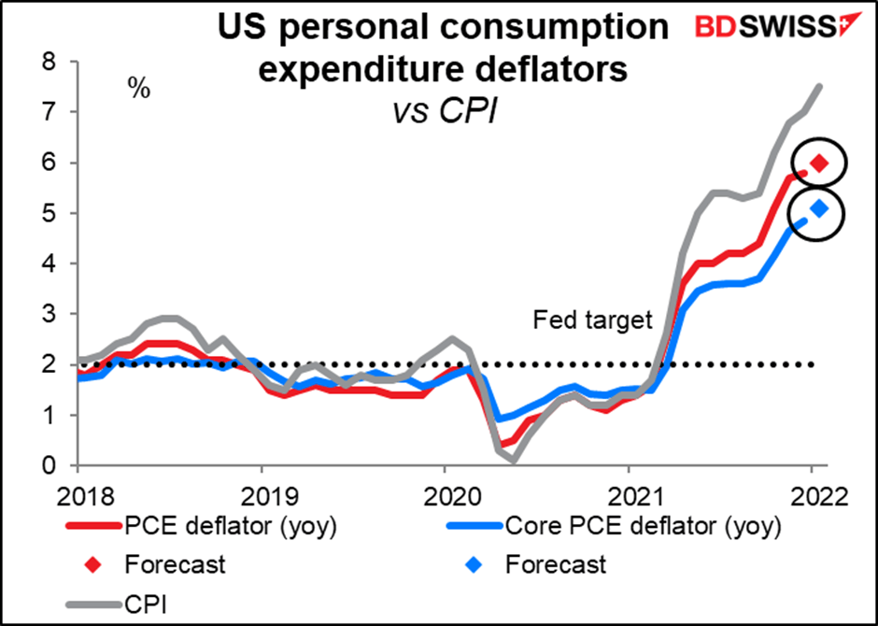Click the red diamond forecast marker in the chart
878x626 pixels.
pos(819,164)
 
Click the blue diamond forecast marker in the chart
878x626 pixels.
pos(819,209)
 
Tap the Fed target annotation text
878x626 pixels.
pos(591,320)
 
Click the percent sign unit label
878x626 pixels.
pos(140,90)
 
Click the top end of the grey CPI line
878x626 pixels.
pos(819,86)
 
